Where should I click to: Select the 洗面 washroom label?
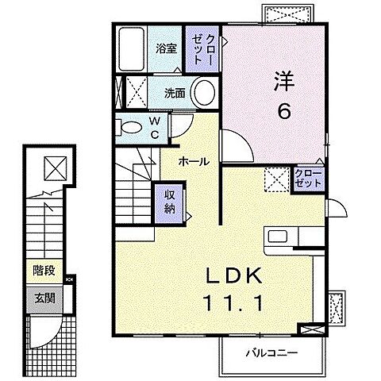pos(175,93)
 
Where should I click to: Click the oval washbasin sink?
pos(204,93)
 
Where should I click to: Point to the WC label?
pos(155,127)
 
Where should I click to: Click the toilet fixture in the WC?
pos(127,125)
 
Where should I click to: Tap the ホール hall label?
pos(193,161)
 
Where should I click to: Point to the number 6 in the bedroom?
pos(283,111)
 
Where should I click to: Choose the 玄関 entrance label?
pos(44,298)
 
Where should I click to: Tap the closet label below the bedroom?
pos(308,178)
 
